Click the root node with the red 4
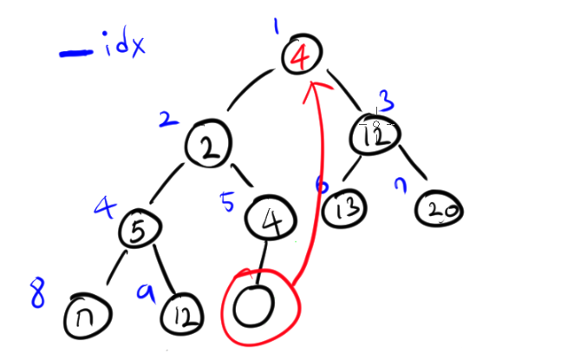click(x=301, y=56)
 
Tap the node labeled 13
click(x=344, y=207)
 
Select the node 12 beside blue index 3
click(x=375, y=135)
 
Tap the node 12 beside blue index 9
click(x=183, y=312)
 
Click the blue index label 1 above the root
click(x=275, y=29)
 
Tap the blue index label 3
click(x=386, y=100)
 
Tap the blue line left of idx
click(x=76, y=54)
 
